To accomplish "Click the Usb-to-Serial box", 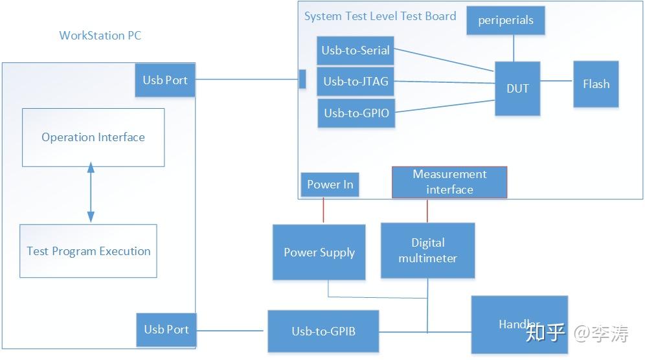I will [356, 51].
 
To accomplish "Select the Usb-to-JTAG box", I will [356, 82].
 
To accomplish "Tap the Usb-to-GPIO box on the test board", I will [356, 113].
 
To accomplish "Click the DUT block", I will [517, 89].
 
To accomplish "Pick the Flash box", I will [596, 84].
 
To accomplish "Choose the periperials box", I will [506, 21].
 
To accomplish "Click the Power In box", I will [330, 185].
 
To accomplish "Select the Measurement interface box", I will [449, 182].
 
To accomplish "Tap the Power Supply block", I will [319, 252].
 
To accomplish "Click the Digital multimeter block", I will [427, 251].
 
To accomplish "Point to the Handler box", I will [519, 324].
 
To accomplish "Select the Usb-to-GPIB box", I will [323, 331].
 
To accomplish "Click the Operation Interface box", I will [93, 137].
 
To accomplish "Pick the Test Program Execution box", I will [88, 251].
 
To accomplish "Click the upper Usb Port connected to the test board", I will [165, 80].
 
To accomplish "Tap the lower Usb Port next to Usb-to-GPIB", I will [166, 329].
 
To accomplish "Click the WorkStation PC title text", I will [100, 36].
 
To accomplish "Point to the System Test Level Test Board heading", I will [380, 16].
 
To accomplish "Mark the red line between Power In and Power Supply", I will [323, 210].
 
